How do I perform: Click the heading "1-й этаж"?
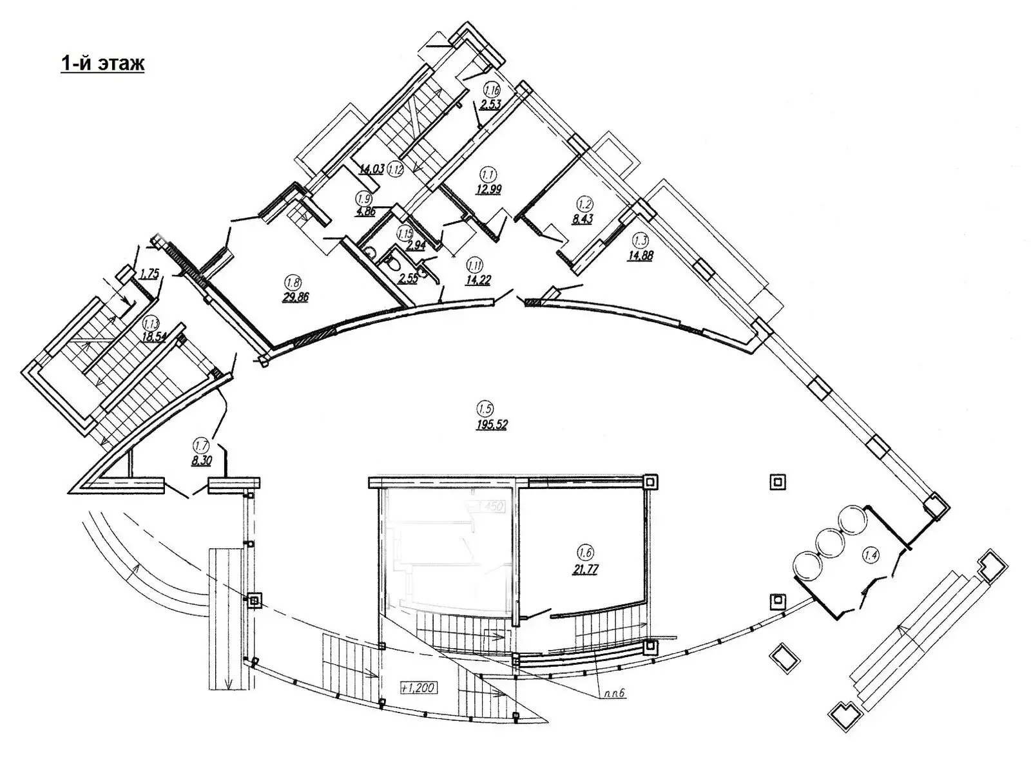[x=102, y=64]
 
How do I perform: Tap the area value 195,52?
[x=492, y=424]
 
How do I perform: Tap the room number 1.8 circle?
[x=291, y=282]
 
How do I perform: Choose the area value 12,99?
[x=489, y=189]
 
